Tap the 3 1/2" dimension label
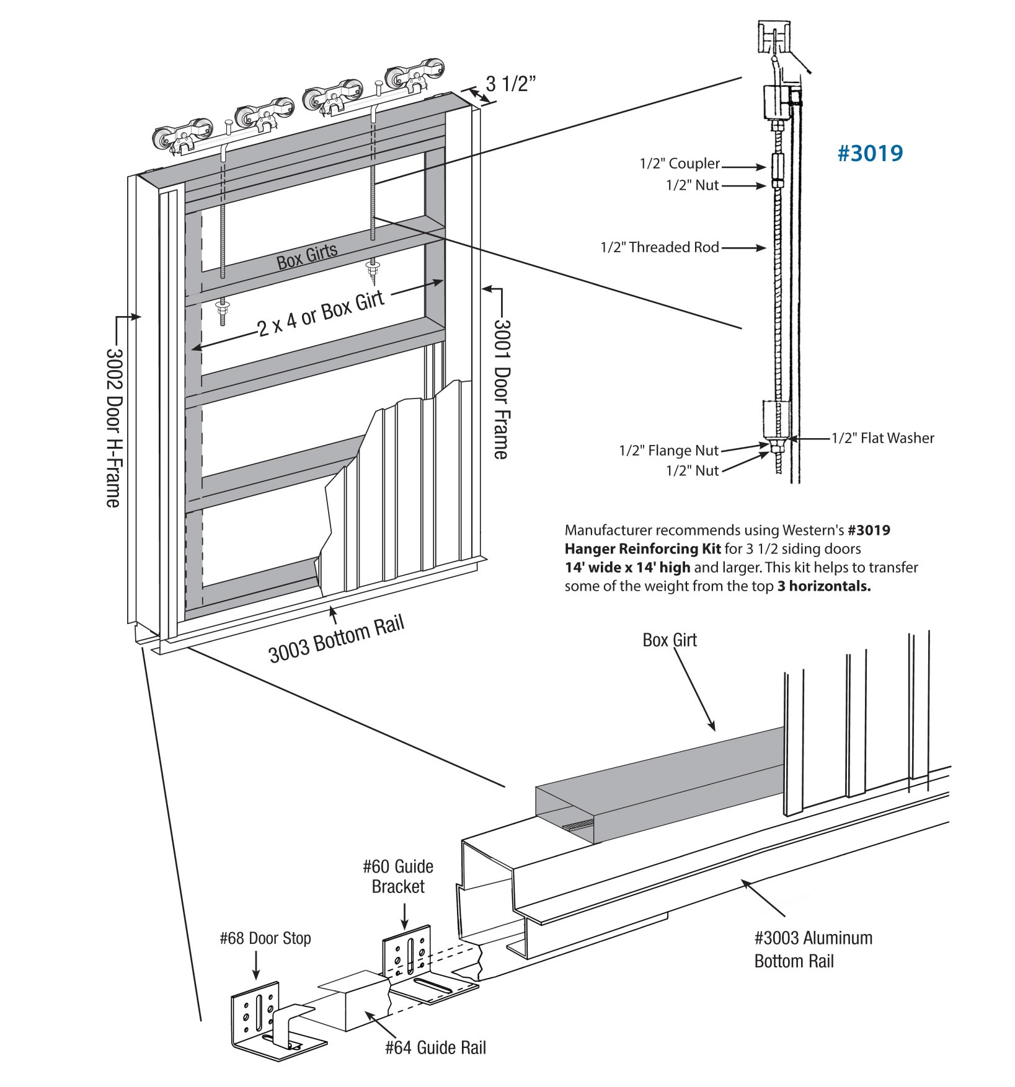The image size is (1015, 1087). (x=510, y=84)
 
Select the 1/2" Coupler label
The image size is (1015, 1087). (x=680, y=164)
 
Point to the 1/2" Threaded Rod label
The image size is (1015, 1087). (x=659, y=248)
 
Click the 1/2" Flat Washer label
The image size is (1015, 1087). (x=882, y=438)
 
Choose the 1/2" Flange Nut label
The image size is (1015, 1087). (x=668, y=451)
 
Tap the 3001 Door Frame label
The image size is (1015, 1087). (x=501, y=389)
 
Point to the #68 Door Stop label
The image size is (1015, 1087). (x=265, y=939)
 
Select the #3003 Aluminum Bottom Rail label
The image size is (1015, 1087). (x=813, y=949)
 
